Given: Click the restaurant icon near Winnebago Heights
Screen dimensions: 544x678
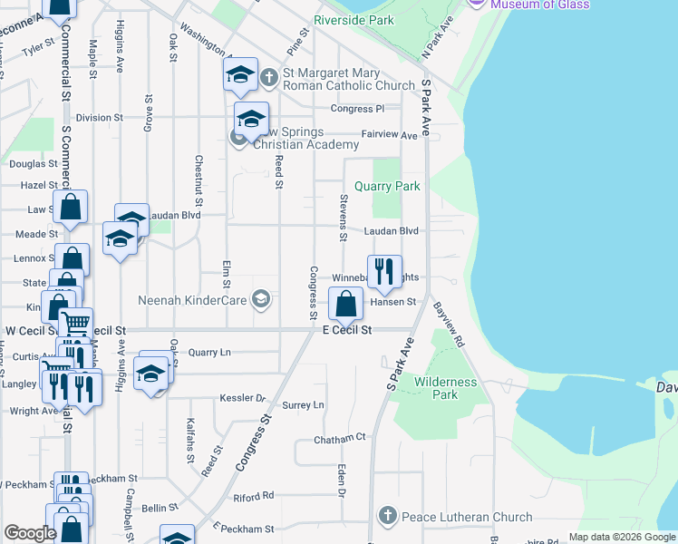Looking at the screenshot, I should point(384,271).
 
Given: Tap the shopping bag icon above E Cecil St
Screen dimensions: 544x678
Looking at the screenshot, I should point(345,303).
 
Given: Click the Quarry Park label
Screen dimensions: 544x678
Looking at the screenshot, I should point(387,186).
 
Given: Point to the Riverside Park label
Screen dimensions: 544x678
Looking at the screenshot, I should point(354,19).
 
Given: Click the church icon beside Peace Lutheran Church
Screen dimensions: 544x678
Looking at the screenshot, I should point(387,517).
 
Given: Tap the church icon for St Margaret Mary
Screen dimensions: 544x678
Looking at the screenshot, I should point(269,79).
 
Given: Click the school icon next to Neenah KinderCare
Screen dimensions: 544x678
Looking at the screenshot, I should point(261,299).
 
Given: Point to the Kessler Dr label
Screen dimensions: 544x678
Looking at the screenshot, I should point(242,398).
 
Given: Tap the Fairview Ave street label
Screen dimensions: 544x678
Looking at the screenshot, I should point(389,134).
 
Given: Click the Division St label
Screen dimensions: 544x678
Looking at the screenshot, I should point(99,118).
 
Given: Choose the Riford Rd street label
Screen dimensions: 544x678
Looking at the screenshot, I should point(253,496).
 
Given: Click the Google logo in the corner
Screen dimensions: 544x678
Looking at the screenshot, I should point(30,533).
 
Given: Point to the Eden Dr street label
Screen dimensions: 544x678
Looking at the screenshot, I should point(341,481).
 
